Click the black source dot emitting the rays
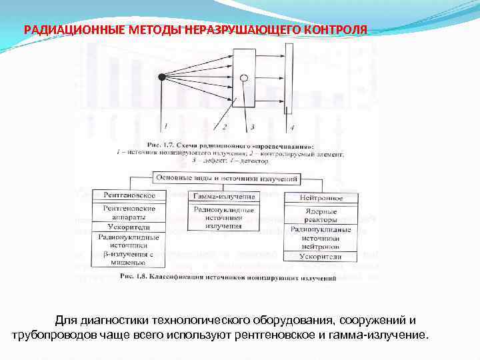[x=161, y=78]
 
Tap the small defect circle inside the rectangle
[x=245, y=78]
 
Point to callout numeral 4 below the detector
[x=291, y=127]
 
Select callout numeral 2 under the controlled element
[x=225, y=127]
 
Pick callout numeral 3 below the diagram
[x=252, y=127]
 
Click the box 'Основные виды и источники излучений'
[x=227, y=178]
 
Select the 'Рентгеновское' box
[x=129, y=195]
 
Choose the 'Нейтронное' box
[x=321, y=197]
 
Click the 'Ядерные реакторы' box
[x=321, y=215]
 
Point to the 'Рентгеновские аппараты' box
[x=129, y=213]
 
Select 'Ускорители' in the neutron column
[x=321, y=256]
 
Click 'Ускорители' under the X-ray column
[x=129, y=227]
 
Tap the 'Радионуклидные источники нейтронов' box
[x=321, y=237]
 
